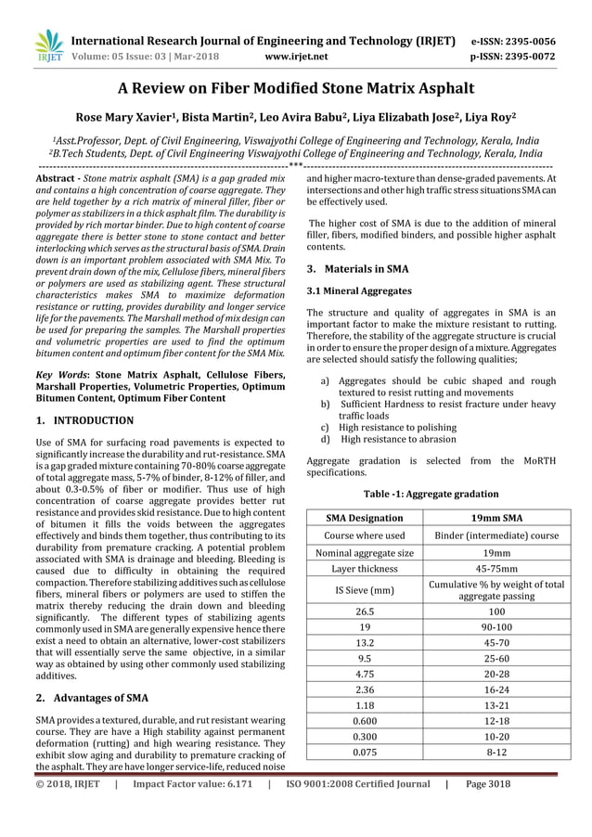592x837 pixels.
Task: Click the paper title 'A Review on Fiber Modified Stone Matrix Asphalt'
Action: coord(295,89)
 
